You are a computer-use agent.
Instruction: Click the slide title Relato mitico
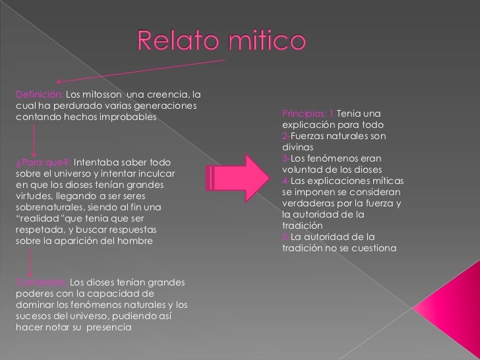tap(222, 42)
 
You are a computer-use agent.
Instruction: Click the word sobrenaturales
tap(45, 207)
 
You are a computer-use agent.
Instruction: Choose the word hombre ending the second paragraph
tap(136, 241)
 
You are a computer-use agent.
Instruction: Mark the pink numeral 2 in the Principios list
tap(284, 136)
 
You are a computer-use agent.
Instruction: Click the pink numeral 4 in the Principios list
tap(284, 181)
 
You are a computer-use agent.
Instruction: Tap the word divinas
tap(296, 147)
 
